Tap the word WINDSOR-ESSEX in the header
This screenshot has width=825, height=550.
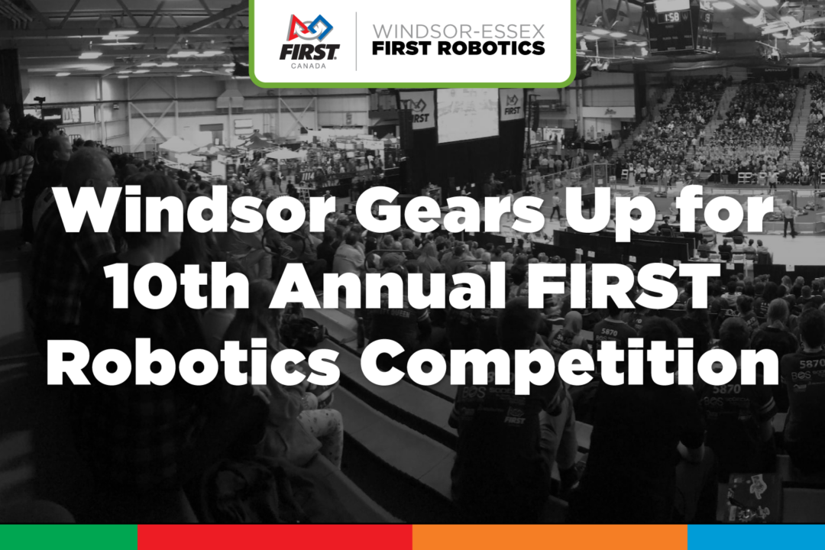pyautogui.click(x=458, y=31)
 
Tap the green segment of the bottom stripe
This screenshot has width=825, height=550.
pyautogui.click(x=69, y=537)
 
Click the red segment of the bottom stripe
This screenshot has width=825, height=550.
pyautogui.click(x=275, y=537)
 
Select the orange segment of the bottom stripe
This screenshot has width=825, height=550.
pyautogui.click(x=550, y=537)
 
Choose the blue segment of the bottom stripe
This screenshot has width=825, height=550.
pyautogui.click(x=756, y=537)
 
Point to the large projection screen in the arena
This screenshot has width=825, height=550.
pyautogui.click(x=467, y=115)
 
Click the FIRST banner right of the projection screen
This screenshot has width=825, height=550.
pyautogui.click(x=511, y=105)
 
